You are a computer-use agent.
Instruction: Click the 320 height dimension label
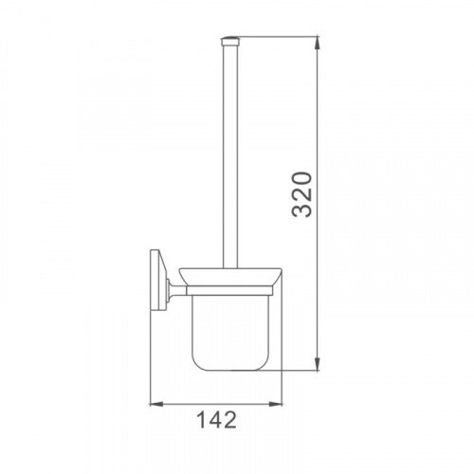[301, 194]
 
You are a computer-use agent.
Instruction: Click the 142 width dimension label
[216, 420]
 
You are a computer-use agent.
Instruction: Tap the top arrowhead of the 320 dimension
[318, 44]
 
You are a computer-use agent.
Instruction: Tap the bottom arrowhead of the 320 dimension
[318, 364]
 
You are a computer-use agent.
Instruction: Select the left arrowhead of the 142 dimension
[155, 404]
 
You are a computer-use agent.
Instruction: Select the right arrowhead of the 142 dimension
[275, 404]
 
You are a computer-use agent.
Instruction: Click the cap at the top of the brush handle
[230, 41]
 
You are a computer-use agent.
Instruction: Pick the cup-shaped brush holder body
[230, 332]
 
